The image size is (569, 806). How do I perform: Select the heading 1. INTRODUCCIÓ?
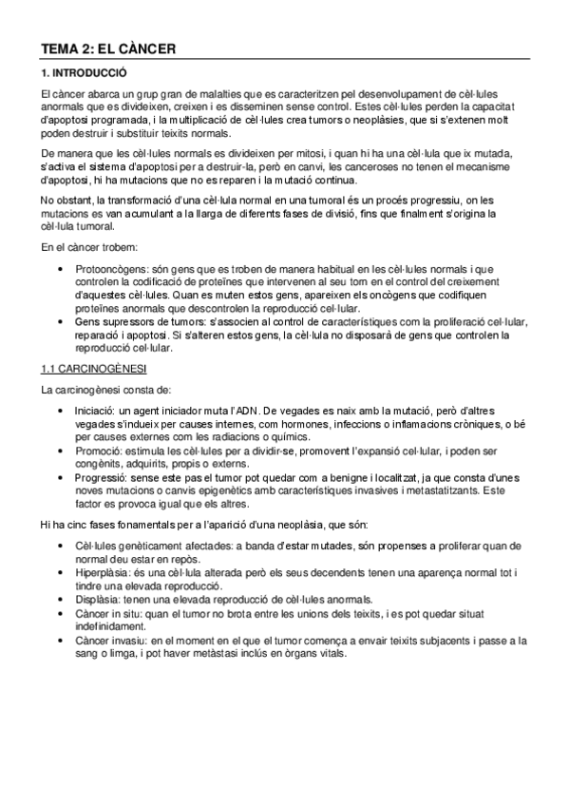(x=84, y=73)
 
